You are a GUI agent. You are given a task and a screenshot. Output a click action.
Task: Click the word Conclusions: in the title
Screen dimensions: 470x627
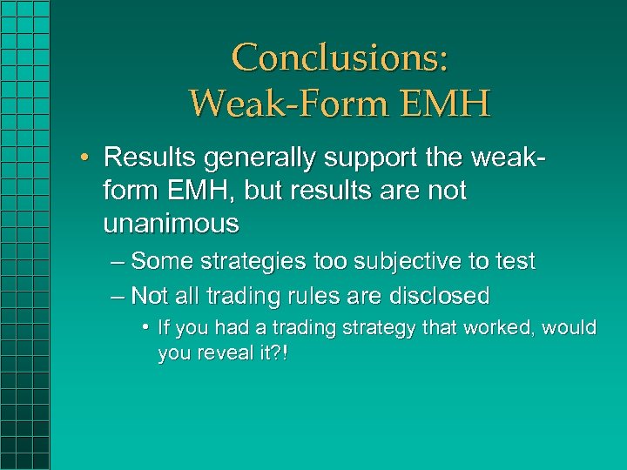pyautogui.click(x=340, y=57)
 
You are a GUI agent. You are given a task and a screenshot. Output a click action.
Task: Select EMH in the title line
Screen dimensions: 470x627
pyautogui.click(x=444, y=103)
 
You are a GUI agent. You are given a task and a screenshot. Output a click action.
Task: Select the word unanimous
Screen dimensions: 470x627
pyautogui.click(x=171, y=224)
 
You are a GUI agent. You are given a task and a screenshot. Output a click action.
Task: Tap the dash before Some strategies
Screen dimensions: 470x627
pyautogui.click(x=118, y=261)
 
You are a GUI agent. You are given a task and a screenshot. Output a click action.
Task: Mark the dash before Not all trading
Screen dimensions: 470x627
pyautogui.click(x=118, y=296)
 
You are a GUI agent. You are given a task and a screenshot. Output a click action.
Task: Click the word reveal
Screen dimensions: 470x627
pyautogui.click(x=222, y=354)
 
